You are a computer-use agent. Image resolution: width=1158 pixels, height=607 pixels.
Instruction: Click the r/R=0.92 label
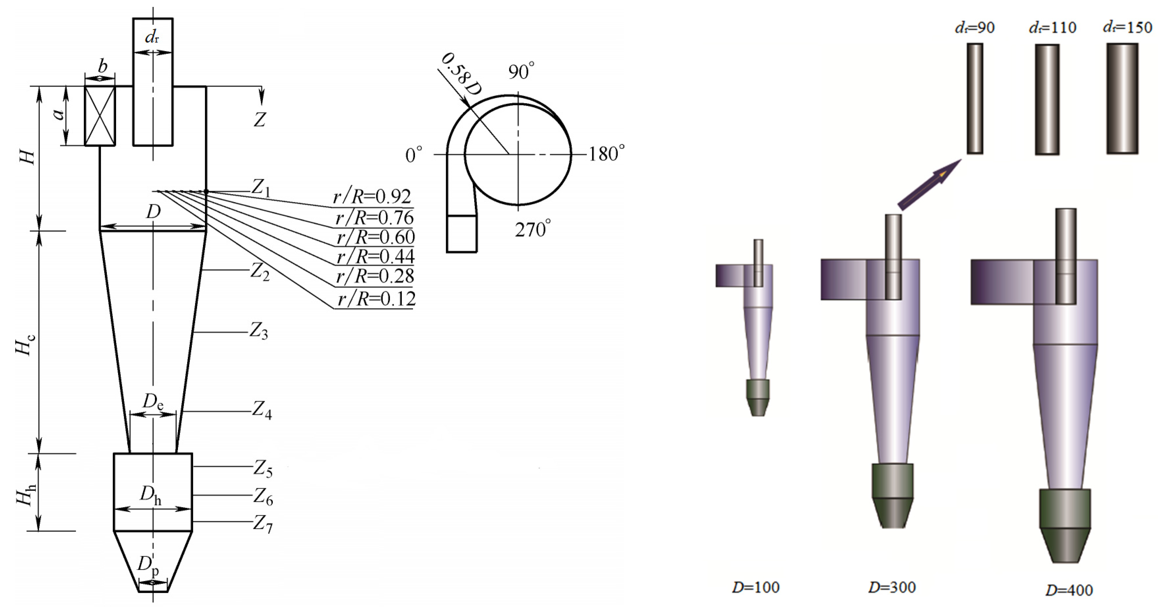(x=372, y=197)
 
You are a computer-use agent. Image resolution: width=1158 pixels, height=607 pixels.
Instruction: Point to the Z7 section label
(x=263, y=524)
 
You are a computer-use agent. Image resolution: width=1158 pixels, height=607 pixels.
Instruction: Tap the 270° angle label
(x=533, y=229)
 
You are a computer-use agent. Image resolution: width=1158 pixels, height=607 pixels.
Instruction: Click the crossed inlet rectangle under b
(x=100, y=116)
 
